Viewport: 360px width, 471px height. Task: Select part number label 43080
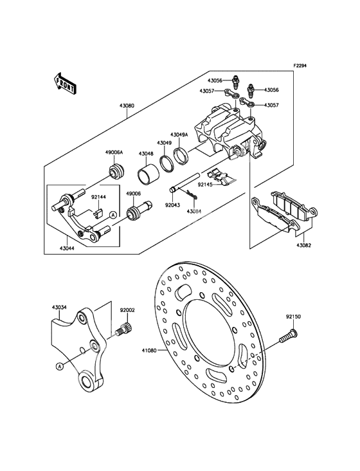pos(127,106)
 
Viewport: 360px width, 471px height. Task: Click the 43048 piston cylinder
pos(147,173)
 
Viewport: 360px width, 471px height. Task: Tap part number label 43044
pos(67,248)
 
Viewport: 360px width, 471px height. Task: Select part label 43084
pos(194,211)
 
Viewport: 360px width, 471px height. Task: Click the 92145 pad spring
pos(221,178)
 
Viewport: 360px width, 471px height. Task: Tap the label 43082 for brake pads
pos(303,245)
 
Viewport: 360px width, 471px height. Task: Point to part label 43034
pos(59,308)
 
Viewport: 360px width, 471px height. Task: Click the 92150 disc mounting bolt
pos(288,336)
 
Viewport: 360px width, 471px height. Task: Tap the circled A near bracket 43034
pos(60,366)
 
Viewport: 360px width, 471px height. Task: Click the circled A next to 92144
pos(113,215)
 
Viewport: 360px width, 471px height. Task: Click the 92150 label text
pos(293,317)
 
